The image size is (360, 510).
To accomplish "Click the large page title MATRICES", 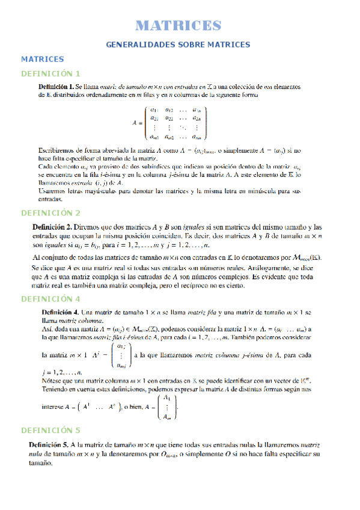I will (178, 25).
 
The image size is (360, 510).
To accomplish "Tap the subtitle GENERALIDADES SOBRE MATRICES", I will (178, 45).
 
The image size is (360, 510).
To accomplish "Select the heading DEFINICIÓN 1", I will (50, 73).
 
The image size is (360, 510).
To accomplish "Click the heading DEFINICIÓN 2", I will (50, 213).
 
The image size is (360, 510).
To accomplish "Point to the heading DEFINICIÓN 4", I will (50, 299).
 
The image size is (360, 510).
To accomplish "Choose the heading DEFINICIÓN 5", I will (50, 430).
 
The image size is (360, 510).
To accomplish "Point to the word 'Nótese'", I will (52, 380).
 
